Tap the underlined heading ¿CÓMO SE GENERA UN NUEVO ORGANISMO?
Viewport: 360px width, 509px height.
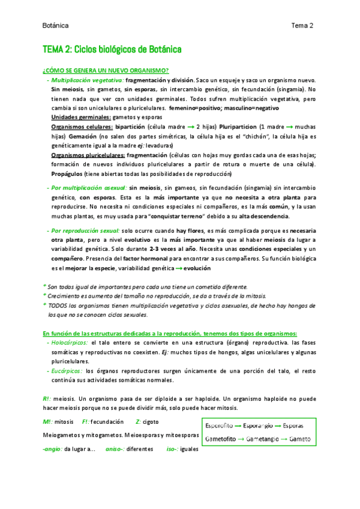106,70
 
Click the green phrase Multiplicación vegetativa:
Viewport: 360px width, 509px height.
88,80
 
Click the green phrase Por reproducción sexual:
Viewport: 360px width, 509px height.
86,230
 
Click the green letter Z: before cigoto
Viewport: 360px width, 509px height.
139,422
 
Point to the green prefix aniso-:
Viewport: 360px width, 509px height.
116,448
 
